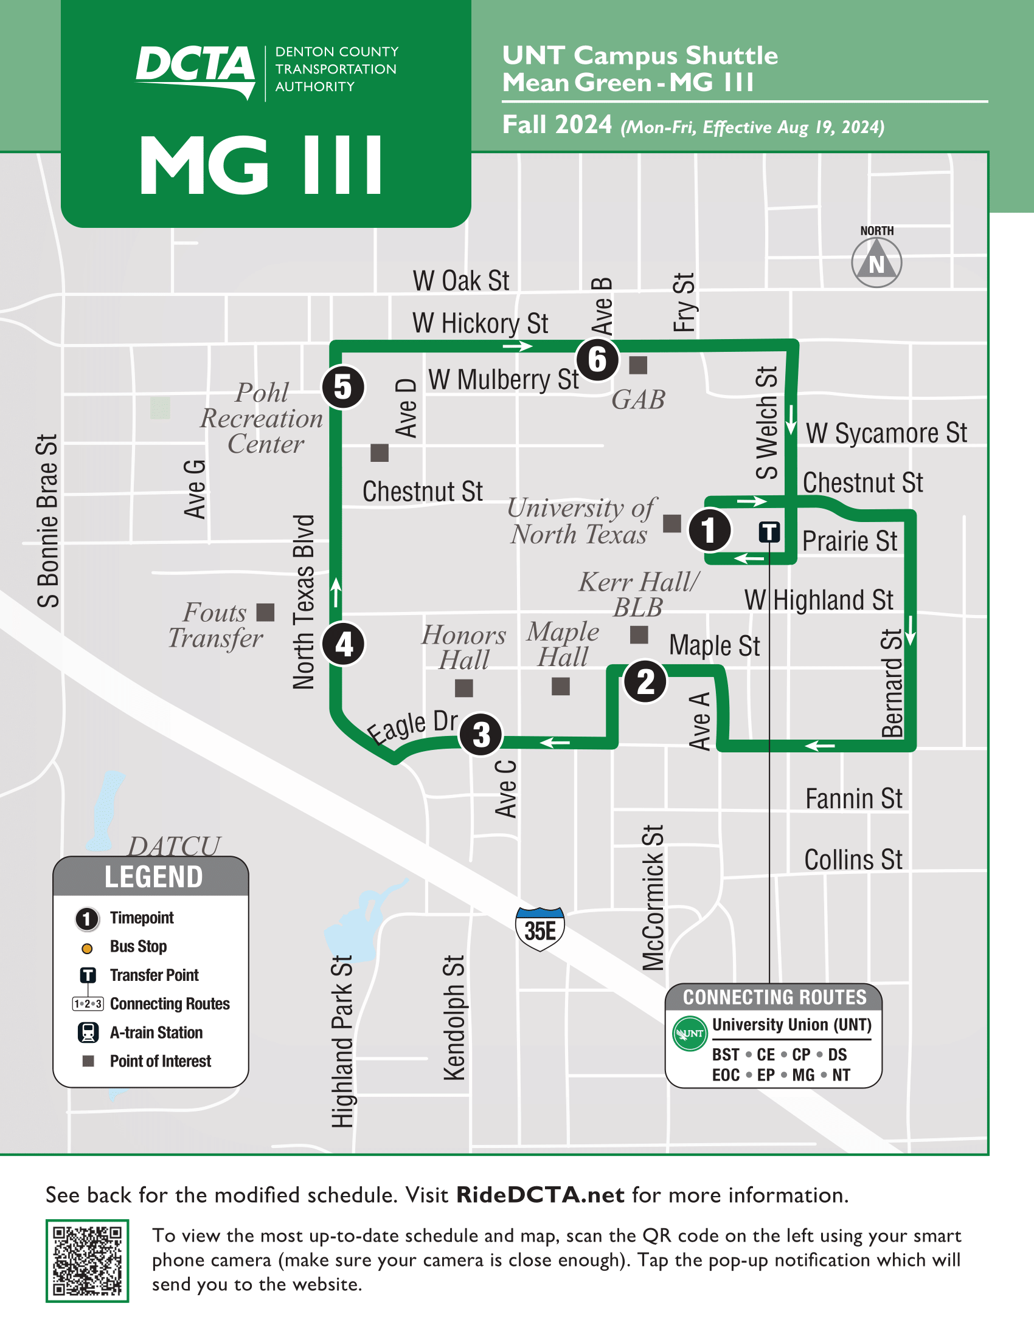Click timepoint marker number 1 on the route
(709, 530)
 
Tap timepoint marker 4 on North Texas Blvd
(344, 644)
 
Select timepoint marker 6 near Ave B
(597, 359)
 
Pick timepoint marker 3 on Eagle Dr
(481, 735)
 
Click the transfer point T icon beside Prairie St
(769, 532)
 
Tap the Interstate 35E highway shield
(540, 929)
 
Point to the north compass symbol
(876, 263)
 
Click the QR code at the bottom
(87, 1260)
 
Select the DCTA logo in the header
(195, 70)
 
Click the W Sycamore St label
(886, 433)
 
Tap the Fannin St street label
(853, 799)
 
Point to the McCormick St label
(653, 898)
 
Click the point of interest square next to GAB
(638, 365)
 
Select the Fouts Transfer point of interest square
(265, 612)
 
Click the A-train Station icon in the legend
(88, 1033)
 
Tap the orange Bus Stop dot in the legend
(87, 949)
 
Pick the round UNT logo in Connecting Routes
(690, 1033)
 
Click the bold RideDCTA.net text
(540, 1195)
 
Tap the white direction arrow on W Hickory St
(517, 346)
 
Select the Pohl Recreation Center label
(262, 418)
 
